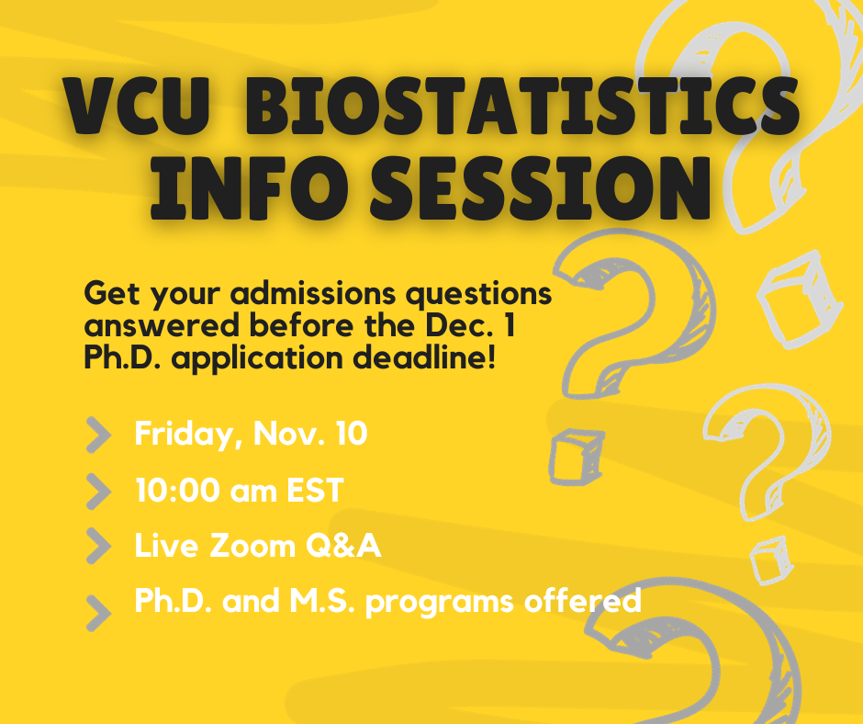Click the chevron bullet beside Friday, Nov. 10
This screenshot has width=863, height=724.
click(x=97, y=436)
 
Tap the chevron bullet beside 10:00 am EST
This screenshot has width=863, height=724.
click(x=97, y=491)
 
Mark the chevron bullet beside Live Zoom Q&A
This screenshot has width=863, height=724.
click(x=97, y=546)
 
